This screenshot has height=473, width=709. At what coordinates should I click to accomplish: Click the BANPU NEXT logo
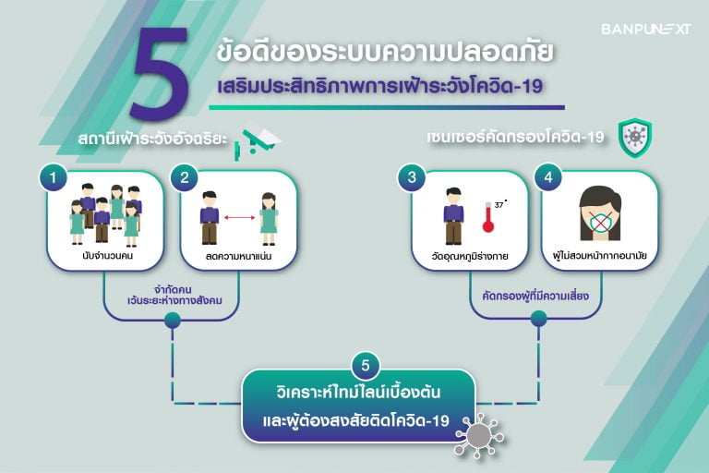click(645, 29)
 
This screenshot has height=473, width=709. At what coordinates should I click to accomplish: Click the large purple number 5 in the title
click(159, 72)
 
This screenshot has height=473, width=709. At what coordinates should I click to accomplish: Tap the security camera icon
click(258, 140)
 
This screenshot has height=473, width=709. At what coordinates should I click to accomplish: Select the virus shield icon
click(635, 137)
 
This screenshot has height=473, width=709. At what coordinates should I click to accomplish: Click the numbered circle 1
click(54, 177)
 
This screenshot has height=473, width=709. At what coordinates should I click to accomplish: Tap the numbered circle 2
click(185, 177)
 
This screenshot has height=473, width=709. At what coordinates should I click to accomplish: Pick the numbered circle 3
click(412, 177)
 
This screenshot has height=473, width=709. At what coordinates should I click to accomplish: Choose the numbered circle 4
click(548, 177)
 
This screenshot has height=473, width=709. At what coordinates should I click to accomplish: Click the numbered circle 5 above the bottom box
click(366, 365)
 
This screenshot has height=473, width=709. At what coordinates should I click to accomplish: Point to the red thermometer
click(487, 217)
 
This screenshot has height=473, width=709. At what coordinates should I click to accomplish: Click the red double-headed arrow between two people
click(240, 218)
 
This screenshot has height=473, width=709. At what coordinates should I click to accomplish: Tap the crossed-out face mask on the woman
click(599, 223)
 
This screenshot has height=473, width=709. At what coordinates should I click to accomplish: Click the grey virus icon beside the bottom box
click(480, 435)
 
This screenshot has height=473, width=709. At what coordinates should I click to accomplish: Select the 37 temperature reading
click(500, 204)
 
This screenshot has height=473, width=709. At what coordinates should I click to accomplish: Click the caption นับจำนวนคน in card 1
click(108, 255)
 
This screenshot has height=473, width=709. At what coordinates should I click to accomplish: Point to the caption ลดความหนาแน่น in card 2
click(238, 256)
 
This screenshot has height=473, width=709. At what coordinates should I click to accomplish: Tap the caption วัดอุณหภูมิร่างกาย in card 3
click(470, 256)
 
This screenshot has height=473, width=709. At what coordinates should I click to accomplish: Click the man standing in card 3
click(453, 216)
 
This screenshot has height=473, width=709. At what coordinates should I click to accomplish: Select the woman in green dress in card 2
click(268, 219)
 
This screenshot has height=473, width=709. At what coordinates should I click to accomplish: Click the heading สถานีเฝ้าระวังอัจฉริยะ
click(152, 139)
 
